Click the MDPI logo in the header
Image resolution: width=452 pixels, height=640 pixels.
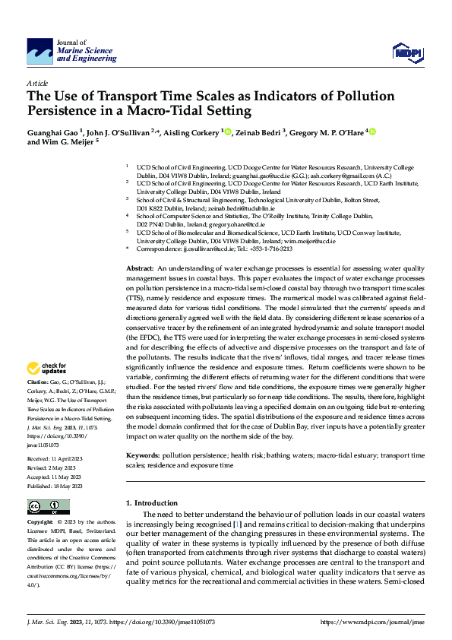click(x=406, y=51)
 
